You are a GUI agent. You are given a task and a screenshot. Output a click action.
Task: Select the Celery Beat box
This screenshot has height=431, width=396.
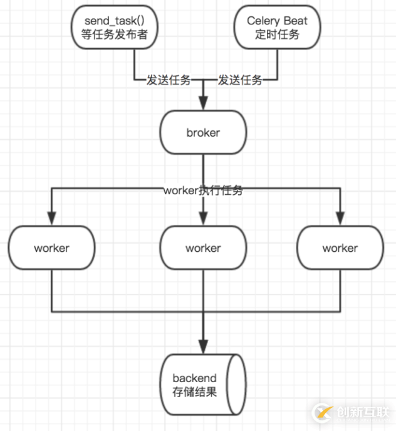277,28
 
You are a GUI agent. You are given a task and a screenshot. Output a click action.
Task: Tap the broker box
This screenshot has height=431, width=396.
203,133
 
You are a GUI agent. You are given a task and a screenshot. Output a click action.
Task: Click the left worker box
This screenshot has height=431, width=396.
51,248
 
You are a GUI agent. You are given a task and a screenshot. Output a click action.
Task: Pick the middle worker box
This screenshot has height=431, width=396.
203,248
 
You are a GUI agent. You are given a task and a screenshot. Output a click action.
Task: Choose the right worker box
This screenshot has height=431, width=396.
340,248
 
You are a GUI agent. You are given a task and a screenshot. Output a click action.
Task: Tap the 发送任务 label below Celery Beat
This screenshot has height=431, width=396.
240,80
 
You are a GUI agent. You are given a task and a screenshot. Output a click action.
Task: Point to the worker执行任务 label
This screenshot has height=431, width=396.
203,191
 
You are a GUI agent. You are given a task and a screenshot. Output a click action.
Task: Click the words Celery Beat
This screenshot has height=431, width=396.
277,21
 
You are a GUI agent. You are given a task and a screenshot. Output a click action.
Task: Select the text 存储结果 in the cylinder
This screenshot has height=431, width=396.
195,393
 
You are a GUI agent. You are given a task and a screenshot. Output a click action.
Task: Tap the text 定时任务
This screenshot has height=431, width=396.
277,34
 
